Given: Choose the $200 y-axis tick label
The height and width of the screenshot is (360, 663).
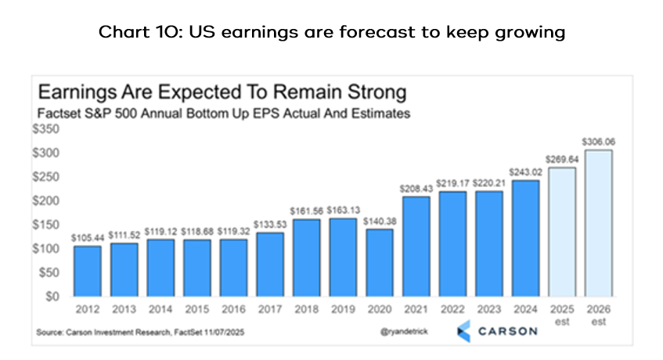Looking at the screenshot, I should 48,200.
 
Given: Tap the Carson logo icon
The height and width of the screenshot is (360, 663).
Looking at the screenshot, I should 464,330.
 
